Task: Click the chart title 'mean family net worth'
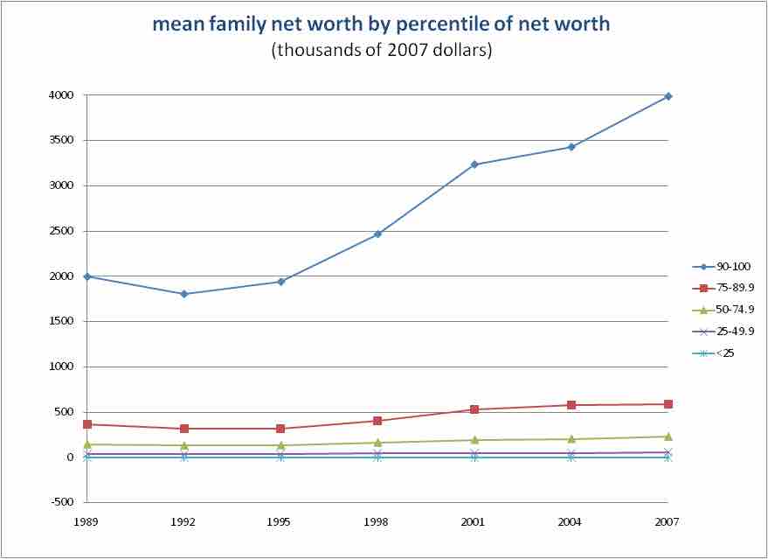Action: point(381,24)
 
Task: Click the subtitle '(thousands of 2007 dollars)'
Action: point(382,50)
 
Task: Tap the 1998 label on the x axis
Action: point(377,522)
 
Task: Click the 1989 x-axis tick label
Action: point(87,522)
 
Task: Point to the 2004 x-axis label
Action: point(571,522)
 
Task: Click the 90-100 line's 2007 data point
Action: point(668,96)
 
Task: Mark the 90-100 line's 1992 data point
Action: point(184,294)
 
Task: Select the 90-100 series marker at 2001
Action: point(474,164)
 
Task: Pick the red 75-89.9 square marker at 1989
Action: point(87,424)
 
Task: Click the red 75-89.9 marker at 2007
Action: point(668,404)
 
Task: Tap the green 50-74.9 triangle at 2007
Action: point(668,436)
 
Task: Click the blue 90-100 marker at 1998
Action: point(377,234)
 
